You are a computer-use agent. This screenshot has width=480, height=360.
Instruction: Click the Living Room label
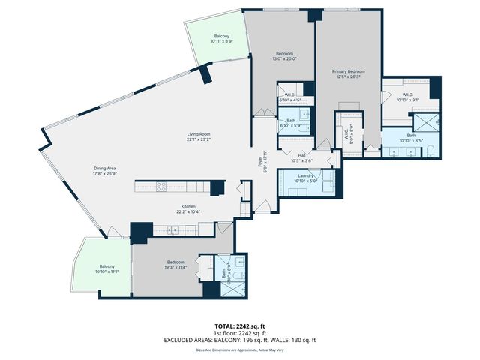coord(199,135)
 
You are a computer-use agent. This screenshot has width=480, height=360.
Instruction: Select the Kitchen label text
coord(187,206)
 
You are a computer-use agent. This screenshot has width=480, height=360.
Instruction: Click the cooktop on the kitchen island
coord(161,187)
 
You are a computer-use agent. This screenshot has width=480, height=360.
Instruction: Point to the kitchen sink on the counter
coord(172,232)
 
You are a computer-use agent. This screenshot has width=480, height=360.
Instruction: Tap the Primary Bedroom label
coord(347,72)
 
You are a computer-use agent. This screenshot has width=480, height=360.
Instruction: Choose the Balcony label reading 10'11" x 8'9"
coord(222,42)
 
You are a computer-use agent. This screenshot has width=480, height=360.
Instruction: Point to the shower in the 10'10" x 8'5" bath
coord(425,122)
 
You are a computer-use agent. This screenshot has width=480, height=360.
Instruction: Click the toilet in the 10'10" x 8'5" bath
coord(430,151)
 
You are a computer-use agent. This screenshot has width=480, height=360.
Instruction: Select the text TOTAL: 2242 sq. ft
coord(240,326)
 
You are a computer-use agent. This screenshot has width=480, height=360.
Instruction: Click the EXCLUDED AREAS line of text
coord(240,340)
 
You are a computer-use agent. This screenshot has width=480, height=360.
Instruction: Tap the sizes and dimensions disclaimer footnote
coord(240,349)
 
